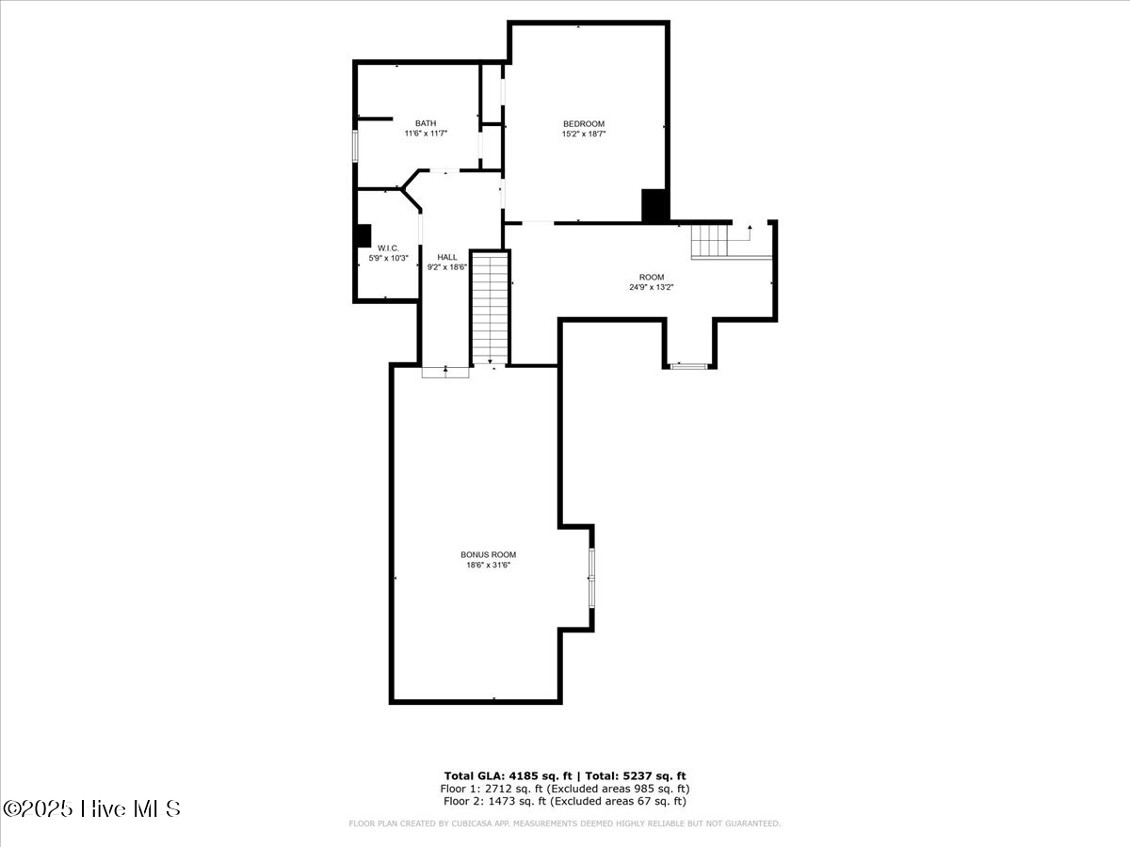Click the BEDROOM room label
pos(583,123)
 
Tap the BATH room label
pos(426,123)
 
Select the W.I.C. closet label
pos(388,248)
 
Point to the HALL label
pos(447,257)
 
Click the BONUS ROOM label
pos(488,554)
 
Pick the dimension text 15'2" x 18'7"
pos(583,134)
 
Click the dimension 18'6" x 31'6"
pos(488,565)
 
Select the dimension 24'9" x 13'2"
pos(652,287)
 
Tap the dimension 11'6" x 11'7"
pos(426,134)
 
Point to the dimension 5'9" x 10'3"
pos(388,258)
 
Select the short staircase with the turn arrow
pos(711,241)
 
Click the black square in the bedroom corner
pos(654,205)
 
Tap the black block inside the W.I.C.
pos(363,235)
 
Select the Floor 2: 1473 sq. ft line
pos(564,801)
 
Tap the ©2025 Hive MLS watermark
pos(91,808)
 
